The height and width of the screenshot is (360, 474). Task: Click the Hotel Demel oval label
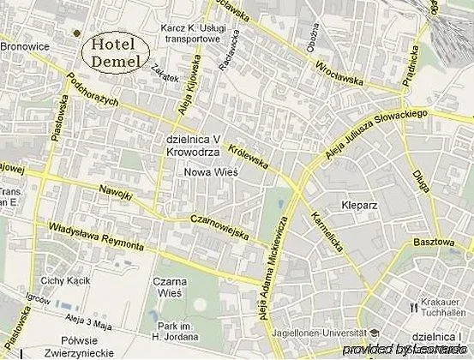pos(121,52)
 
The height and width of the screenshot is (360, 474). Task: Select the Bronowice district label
pos(26,47)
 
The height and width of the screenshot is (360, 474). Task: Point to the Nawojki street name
pos(116,191)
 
